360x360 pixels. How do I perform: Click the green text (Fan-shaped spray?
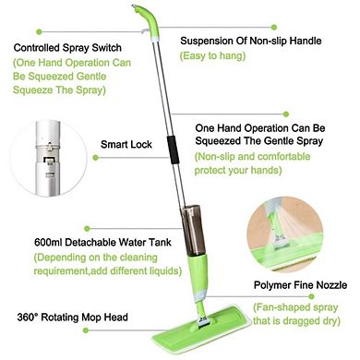[291, 306]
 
